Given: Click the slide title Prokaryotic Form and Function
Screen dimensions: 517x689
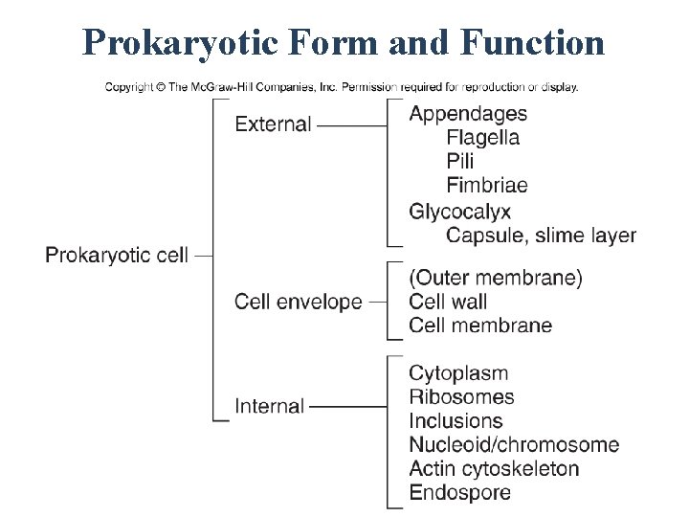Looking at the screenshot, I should pyautogui.click(x=344, y=42).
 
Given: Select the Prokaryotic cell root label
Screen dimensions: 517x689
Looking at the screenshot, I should pyautogui.click(x=117, y=256).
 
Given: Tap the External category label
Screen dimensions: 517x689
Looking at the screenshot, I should pyautogui.click(x=273, y=124).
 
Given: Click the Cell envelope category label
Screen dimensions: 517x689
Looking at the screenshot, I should pyautogui.click(x=299, y=302).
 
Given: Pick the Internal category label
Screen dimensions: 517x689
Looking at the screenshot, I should pyautogui.click(x=269, y=406).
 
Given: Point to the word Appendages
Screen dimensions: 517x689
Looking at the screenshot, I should pyautogui.click(x=468, y=114).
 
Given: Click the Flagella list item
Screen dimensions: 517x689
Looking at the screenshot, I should pyautogui.click(x=482, y=138).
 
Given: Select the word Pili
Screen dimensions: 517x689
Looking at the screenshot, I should pyautogui.click(x=459, y=162).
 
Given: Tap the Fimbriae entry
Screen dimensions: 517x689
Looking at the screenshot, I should pyautogui.click(x=486, y=186).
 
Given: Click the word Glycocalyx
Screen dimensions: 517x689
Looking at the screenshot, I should pyautogui.click(x=459, y=212).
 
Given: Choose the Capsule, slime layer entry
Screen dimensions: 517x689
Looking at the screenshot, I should pyautogui.click(x=541, y=236).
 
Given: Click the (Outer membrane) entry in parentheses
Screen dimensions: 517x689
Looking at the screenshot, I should pyautogui.click(x=495, y=279).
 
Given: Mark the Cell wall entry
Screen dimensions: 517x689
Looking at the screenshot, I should pyautogui.click(x=448, y=302).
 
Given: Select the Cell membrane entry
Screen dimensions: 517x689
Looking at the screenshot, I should pyautogui.click(x=480, y=326).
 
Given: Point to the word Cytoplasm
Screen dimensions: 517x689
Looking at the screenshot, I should pyautogui.click(x=458, y=373).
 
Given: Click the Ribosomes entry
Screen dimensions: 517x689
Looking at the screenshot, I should pyautogui.click(x=461, y=397).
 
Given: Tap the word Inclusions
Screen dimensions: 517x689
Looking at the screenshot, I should pyautogui.click(x=456, y=421).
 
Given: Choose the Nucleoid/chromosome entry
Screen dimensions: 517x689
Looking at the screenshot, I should pyautogui.click(x=514, y=445).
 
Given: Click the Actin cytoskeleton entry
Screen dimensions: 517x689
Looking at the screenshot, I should pyautogui.click(x=494, y=469).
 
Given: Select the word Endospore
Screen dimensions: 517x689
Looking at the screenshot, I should pyautogui.click(x=459, y=493).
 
